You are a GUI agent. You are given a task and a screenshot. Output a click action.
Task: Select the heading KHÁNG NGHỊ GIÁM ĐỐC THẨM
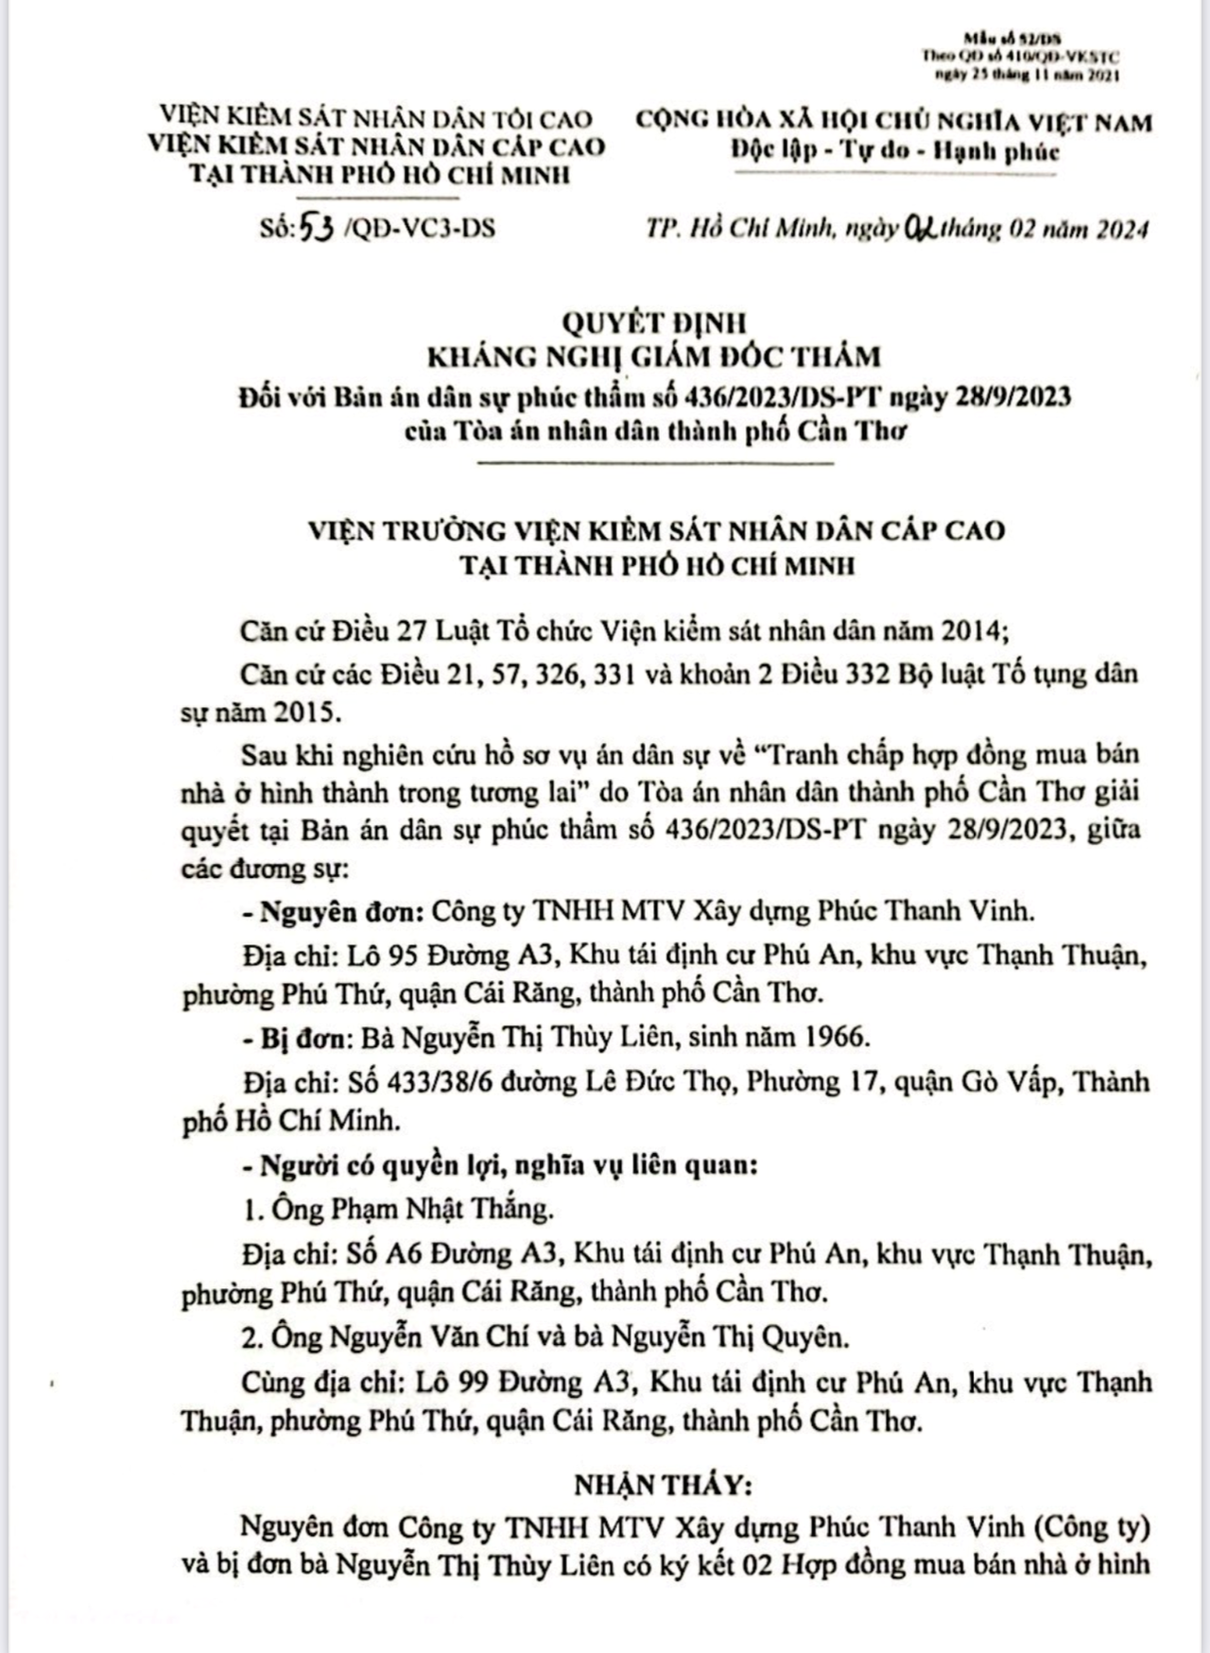tap(654, 357)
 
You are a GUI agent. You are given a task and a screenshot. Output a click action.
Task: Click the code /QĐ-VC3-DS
tap(422, 229)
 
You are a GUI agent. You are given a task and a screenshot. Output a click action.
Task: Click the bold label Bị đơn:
tap(294, 1037)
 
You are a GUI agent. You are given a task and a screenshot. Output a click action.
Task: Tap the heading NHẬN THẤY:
tap(663, 1485)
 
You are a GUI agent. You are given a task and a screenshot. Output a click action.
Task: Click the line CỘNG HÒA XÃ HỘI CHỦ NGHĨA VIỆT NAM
tap(893, 122)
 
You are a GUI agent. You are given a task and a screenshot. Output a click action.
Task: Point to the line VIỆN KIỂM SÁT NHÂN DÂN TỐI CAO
tap(375, 118)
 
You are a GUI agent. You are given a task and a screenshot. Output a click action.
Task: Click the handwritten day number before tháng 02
tap(917, 229)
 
